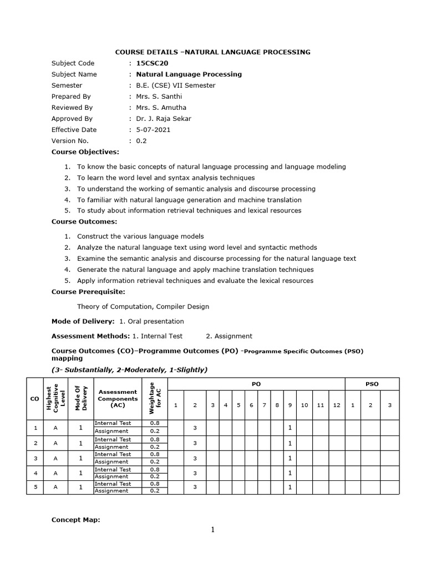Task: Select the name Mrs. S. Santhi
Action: [x=159, y=97]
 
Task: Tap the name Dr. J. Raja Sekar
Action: [x=164, y=119]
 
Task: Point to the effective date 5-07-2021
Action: [x=153, y=130]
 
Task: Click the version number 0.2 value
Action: [x=141, y=141]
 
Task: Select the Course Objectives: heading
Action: [x=85, y=151]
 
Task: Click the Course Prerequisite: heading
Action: [x=88, y=292]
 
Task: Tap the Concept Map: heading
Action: [x=76, y=520]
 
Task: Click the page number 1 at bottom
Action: [x=212, y=530]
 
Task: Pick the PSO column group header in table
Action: [x=372, y=384]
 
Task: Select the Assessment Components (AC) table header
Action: [x=117, y=398]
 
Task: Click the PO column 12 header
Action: [x=336, y=405]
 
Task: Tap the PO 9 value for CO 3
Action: [x=290, y=458]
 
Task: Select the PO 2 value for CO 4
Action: [x=195, y=473]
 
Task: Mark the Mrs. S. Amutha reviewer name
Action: [x=161, y=108]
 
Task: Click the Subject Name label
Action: [x=74, y=74]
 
